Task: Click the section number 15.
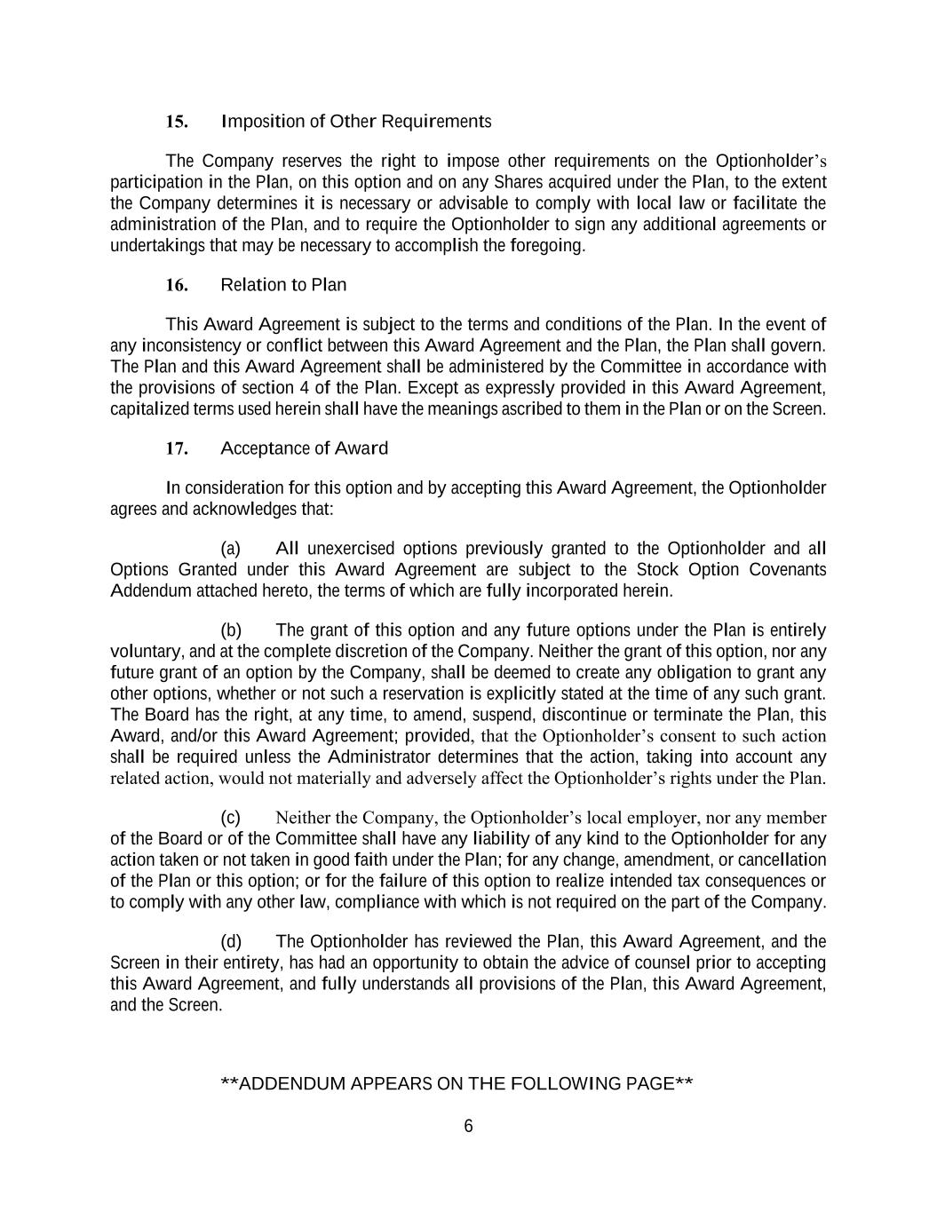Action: tap(177, 122)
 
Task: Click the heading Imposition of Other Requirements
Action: tap(355, 122)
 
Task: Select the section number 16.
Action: tap(177, 285)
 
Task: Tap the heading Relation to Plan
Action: tap(283, 285)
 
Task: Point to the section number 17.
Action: tap(177, 448)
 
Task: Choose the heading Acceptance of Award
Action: tap(304, 448)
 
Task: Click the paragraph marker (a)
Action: tap(231, 549)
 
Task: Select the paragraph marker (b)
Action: tap(231, 631)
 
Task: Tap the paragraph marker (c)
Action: tap(231, 818)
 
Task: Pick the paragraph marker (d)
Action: tap(231, 942)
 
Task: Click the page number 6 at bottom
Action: tap(468, 1127)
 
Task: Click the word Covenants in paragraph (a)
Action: tap(788, 570)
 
